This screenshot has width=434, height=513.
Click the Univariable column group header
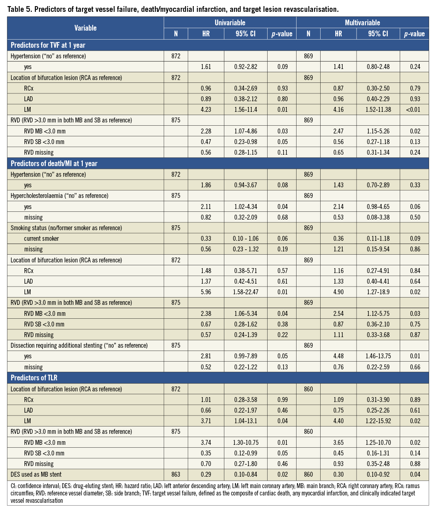tap(230, 23)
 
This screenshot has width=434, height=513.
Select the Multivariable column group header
tap(362, 23)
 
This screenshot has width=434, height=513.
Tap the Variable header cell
tap(85, 28)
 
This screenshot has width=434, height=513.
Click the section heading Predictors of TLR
tap(34, 378)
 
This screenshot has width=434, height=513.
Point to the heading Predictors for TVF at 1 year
tap(48, 45)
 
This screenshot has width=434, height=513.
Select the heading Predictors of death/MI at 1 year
tap(54, 164)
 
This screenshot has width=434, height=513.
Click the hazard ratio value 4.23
tap(206, 109)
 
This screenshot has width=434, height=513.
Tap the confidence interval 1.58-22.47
tap(246, 292)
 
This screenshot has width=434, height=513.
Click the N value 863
tap(176, 474)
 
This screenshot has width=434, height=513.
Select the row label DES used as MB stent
tap(36, 474)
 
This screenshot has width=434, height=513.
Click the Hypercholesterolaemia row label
tap(59, 195)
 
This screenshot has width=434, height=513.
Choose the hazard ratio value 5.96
tap(206, 292)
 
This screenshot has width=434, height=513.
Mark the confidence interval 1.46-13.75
tap(378, 356)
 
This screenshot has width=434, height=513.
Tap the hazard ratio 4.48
tap(338, 356)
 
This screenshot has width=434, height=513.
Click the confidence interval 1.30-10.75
tap(246, 442)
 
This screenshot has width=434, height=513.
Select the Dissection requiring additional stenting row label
tap(79, 345)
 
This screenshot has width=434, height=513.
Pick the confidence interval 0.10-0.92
tap(378, 474)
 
